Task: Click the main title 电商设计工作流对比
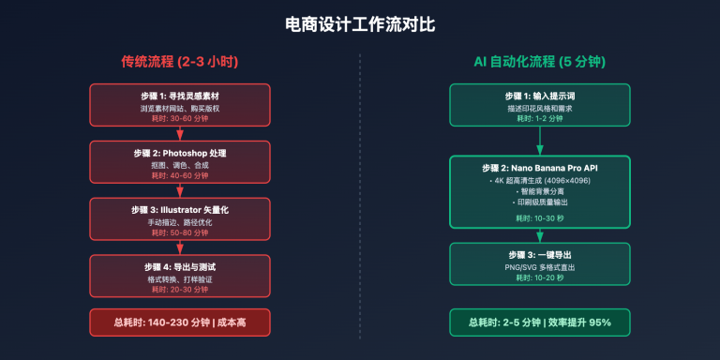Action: click(360, 23)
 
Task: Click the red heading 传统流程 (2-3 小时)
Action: click(179, 62)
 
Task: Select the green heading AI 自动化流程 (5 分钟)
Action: click(541, 62)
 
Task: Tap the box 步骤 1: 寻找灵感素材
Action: click(179, 104)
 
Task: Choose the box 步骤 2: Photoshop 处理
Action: click(179, 160)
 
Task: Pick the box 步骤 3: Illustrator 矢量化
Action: click(179, 217)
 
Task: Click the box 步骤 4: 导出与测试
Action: click(179, 275)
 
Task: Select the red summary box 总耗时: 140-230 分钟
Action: click(179, 322)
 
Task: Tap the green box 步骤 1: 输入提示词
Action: click(541, 104)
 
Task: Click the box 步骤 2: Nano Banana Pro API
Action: click(541, 192)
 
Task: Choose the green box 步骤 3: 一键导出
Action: click(541, 265)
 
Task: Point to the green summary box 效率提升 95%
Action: click(541, 322)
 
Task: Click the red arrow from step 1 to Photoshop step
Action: click(179, 133)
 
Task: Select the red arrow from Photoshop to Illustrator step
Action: click(179, 190)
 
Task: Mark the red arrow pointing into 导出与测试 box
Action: click(179, 247)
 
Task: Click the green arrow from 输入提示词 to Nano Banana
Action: click(541, 142)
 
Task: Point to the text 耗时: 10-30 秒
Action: click(541, 217)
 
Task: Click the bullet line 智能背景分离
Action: click(543, 191)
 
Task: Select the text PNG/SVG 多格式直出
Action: click(541, 266)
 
